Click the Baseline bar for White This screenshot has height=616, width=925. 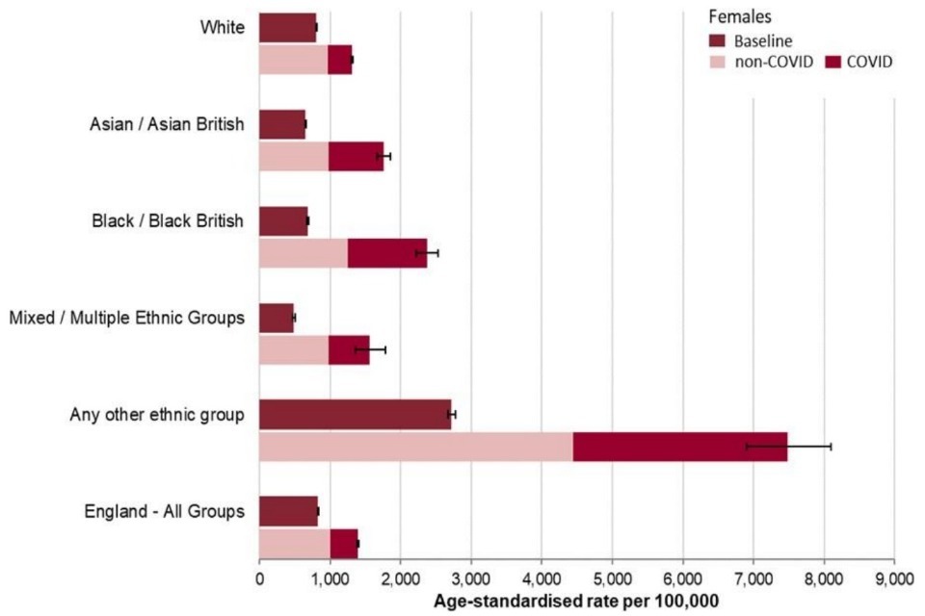(x=287, y=28)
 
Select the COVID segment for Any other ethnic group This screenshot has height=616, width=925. (x=680, y=447)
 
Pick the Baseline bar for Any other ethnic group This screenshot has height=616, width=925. (x=355, y=414)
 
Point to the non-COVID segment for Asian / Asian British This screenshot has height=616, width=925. (x=294, y=156)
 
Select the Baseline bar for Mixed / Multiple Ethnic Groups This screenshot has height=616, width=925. (x=277, y=318)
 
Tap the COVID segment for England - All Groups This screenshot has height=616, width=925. (x=344, y=544)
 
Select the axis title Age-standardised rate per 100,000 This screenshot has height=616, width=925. (x=575, y=601)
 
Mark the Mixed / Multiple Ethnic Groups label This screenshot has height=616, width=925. (x=126, y=318)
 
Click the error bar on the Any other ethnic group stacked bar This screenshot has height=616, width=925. (x=788, y=447)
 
